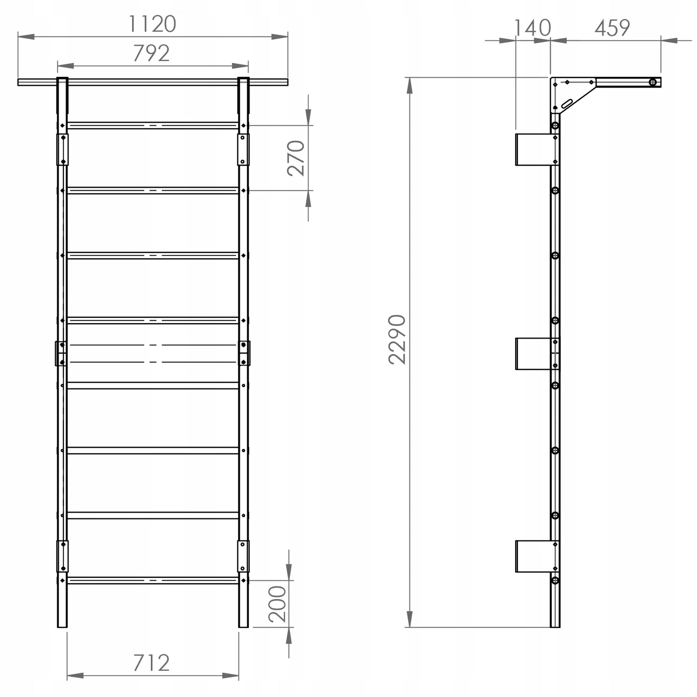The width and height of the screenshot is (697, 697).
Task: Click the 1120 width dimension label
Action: [x=152, y=24]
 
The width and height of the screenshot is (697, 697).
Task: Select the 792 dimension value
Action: [x=152, y=53]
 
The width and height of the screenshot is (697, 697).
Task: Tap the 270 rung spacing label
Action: [x=296, y=158]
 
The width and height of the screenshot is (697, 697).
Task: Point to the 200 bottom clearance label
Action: [x=278, y=604]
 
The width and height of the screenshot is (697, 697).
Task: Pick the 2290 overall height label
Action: [x=397, y=340]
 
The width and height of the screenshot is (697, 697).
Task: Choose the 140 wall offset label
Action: [x=533, y=28]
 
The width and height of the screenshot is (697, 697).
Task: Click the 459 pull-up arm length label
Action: [x=612, y=28]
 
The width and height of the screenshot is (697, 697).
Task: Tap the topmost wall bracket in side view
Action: [x=534, y=150]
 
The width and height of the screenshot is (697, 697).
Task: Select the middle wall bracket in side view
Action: [x=534, y=354]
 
